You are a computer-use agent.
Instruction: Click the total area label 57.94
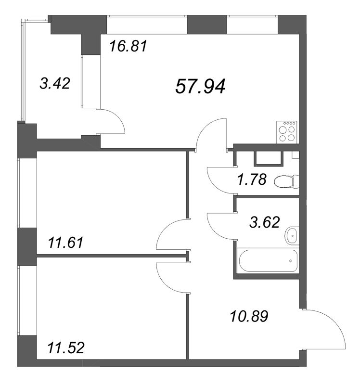click(200, 87)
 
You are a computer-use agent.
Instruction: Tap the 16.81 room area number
click(128, 46)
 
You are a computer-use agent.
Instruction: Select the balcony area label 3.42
click(55, 83)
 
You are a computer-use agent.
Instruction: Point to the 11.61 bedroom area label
click(66, 243)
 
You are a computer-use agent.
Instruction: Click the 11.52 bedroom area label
click(66, 347)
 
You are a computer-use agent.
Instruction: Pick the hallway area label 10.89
click(249, 316)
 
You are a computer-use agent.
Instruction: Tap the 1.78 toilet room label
click(252, 179)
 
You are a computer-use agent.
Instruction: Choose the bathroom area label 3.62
click(265, 222)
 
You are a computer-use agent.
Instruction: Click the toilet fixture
click(286, 182)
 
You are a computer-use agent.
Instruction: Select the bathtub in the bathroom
click(268, 260)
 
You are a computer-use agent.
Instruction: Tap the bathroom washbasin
click(292, 236)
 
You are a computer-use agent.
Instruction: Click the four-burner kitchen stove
click(286, 132)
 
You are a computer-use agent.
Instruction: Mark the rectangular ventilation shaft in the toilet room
click(269, 158)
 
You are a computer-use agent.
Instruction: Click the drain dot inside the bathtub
click(291, 261)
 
